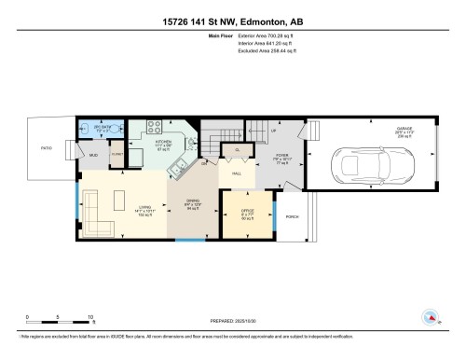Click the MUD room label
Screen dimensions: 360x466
click(x=93, y=156)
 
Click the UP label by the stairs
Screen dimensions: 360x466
click(x=273, y=132)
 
